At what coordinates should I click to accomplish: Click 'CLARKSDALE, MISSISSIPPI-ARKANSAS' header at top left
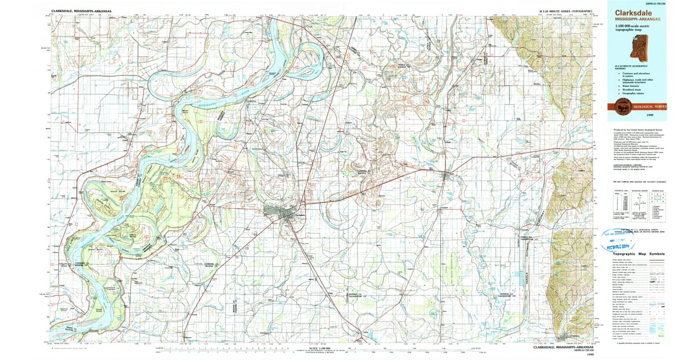click(x=81, y=10)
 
